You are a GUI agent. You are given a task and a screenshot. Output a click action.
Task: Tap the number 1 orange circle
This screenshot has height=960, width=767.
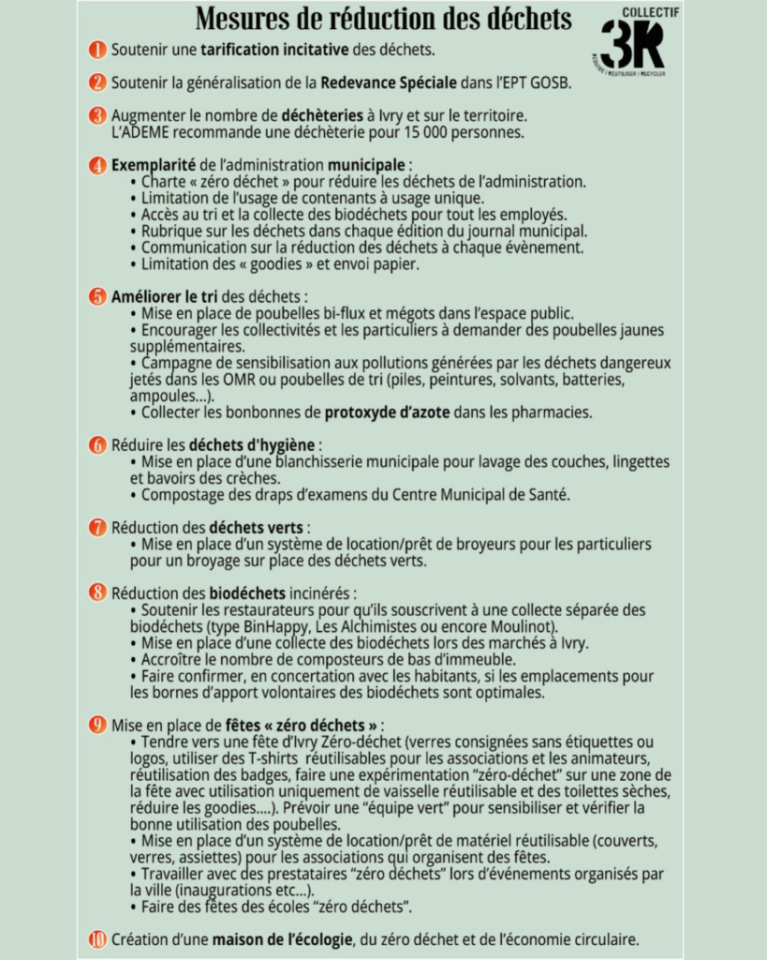(97, 49)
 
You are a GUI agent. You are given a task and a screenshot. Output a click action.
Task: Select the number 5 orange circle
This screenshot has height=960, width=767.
(97, 296)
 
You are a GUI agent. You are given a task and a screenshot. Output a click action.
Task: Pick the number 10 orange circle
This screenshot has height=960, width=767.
(97, 938)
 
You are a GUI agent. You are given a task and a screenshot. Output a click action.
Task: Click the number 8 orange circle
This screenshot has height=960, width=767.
(97, 592)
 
